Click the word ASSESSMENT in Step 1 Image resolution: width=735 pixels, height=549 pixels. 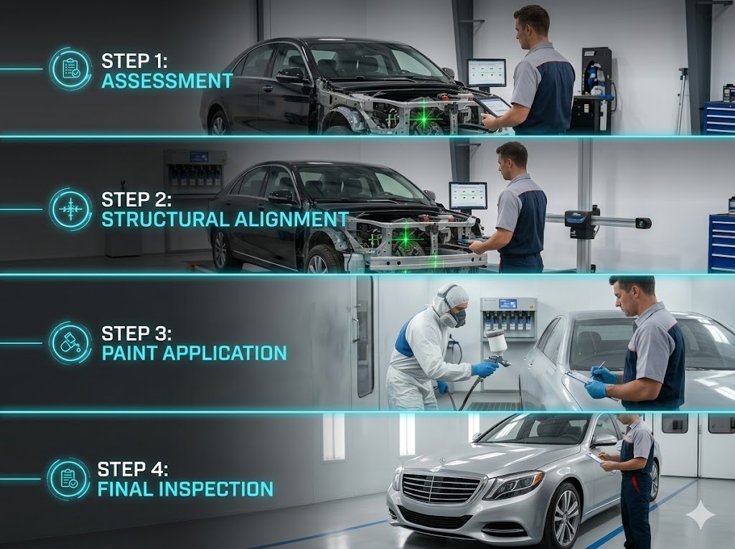167,81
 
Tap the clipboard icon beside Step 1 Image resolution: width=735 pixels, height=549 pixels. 70,69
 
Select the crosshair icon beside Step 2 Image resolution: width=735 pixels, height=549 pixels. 70,210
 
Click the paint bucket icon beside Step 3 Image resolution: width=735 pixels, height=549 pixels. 70,343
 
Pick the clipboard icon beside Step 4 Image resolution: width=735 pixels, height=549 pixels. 69,479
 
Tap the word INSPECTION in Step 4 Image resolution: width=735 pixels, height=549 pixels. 215,489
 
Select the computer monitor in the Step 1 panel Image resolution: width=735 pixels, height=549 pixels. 487,72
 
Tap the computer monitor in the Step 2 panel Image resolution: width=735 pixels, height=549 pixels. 468,195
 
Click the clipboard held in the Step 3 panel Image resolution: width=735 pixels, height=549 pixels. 586,380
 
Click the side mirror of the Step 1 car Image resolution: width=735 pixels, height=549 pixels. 290,75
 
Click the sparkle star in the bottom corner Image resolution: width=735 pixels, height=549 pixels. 701,515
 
